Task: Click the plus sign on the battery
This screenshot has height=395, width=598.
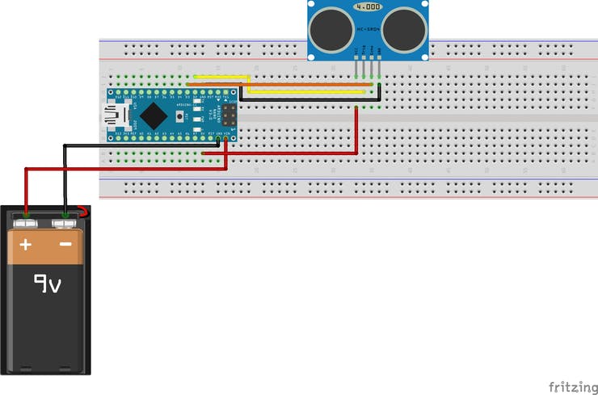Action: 26,244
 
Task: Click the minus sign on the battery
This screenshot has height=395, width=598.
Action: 65,244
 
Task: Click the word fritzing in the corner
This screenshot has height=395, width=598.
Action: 571,385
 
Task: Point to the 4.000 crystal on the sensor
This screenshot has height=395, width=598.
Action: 368,6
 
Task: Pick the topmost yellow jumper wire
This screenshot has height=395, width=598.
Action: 218,78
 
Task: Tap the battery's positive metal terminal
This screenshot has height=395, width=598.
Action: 27,218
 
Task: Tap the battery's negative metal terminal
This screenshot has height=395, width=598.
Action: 65,218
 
